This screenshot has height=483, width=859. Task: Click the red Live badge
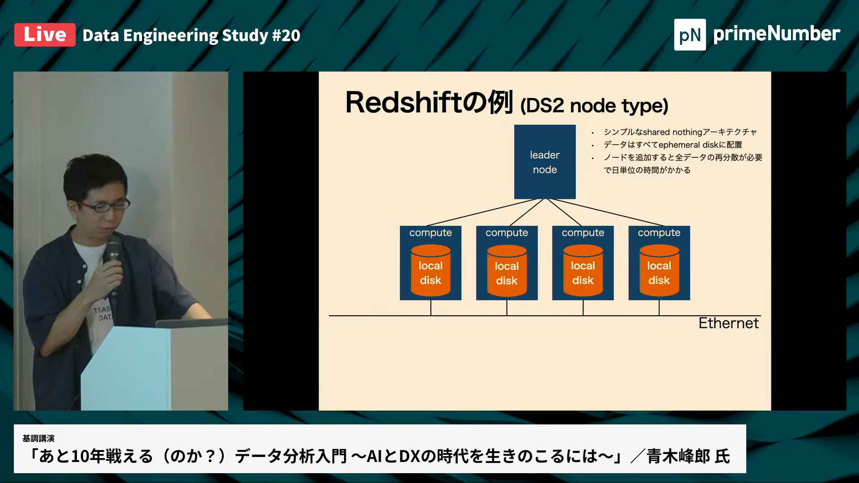[x=45, y=35]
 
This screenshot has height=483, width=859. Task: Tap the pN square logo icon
[x=689, y=35]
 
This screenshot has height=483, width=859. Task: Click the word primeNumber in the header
[x=777, y=34]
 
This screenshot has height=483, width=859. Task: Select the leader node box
[x=544, y=162]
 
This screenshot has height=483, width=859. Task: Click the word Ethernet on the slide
[x=728, y=323]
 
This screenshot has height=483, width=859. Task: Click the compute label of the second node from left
[x=506, y=233]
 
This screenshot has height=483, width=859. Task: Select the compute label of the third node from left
[x=583, y=233]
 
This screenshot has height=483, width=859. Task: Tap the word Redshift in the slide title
[x=403, y=102]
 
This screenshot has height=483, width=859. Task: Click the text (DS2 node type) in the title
[x=594, y=106]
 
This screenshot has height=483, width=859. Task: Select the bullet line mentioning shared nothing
[x=680, y=132]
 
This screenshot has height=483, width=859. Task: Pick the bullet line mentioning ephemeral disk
[x=672, y=144]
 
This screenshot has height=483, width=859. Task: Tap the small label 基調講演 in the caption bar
[x=38, y=438]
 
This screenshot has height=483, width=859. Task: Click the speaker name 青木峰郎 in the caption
[x=678, y=456]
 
